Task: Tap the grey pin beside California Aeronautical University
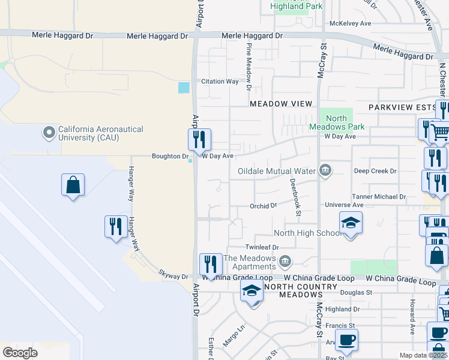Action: coord(49,131)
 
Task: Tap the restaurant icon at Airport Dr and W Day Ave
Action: coord(199,140)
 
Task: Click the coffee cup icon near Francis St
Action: coord(347,340)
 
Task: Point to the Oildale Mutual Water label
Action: coord(276,171)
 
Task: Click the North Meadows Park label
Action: coord(336,123)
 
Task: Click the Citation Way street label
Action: coord(220,82)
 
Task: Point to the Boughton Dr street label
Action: coord(169,156)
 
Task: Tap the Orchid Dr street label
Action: coord(263,206)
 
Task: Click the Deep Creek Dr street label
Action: coord(375,171)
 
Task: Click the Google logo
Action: coord(20,352)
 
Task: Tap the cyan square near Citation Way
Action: coord(184,88)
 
